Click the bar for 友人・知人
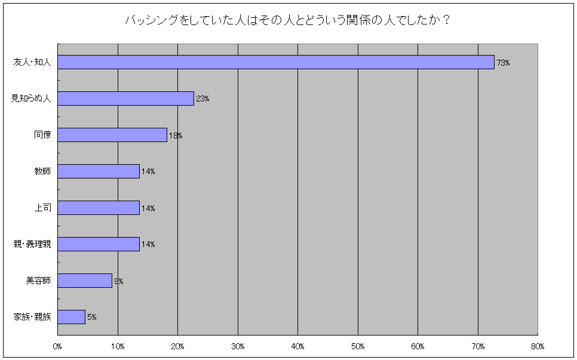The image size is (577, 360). pos(276,62)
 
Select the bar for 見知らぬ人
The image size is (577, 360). pos(125,99)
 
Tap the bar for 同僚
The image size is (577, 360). pos(112,135)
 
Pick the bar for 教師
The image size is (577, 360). pos(99,171)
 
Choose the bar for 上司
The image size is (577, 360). pos(99,208)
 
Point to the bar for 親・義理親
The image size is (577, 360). pos(99,244)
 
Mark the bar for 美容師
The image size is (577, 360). pos(85,281)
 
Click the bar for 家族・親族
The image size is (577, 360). pos(72,317)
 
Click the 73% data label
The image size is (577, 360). pos(503,63)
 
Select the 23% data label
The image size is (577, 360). pos(202,99)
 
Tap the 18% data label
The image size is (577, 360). pos(176,136)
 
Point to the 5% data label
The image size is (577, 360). pos(92,318)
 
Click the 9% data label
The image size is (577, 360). pos(118,281)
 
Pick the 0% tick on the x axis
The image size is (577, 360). pos(58,346)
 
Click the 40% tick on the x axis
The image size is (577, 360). pos(298,346)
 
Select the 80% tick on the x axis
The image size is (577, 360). pos(538,346)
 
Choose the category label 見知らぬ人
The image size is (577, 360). pos(31,99)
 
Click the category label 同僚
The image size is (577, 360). pos(42,135)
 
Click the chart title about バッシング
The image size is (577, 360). pos(287,20)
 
